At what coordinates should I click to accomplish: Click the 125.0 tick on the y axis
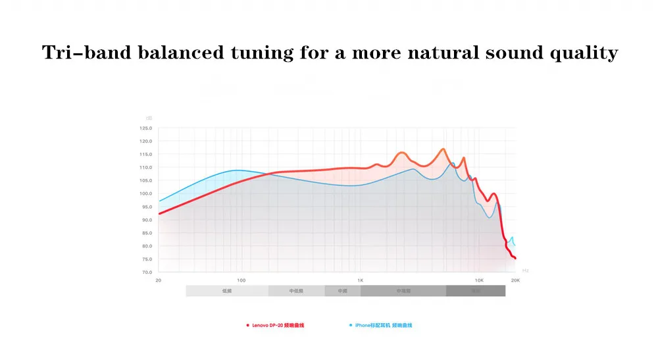tap(145, 128)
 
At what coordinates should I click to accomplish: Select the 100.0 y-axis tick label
tap(145, 193)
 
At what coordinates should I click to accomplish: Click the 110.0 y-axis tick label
tap(145, 168)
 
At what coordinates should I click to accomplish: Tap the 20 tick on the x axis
tap(158, 280)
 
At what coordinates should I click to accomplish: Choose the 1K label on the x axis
tap(360, 280)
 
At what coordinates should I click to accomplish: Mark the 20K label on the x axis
tap(515, 280)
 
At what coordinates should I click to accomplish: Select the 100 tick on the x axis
tap(241, 280)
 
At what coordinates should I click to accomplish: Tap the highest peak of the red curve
tap(443, 149)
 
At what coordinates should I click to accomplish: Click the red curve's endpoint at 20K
tap(515, 258)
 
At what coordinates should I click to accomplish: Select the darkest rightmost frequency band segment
tap(475, 291)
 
